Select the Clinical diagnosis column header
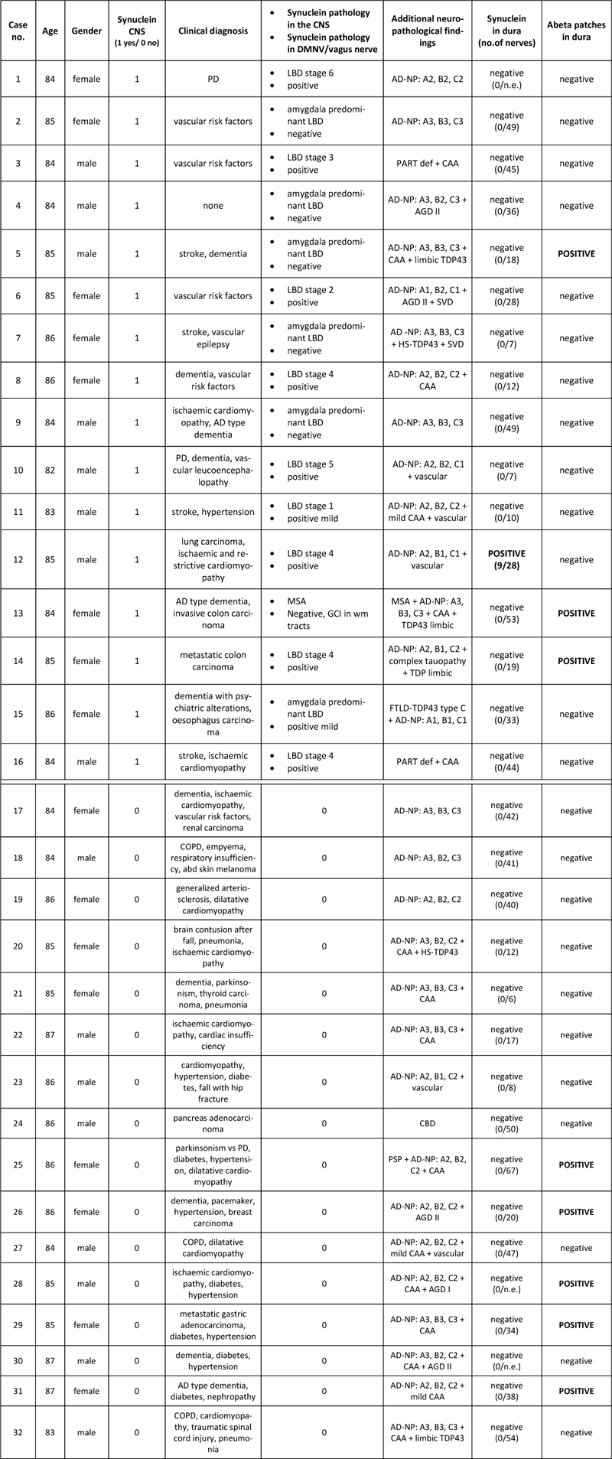click(213, 31)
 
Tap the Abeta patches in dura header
click(576, 31)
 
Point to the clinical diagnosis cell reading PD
click(213, 80)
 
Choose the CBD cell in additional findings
click(428, 1124)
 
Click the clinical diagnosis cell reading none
click(213, 206)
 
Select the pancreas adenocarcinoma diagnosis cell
click(213, 1124)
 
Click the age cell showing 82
click(50, 471)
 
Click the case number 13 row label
click(18, 614)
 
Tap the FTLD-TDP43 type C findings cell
click(428, 715)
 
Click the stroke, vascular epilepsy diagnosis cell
click(213, 338)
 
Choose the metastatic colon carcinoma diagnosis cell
click(213, 661)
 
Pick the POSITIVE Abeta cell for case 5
click(576, 254)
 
